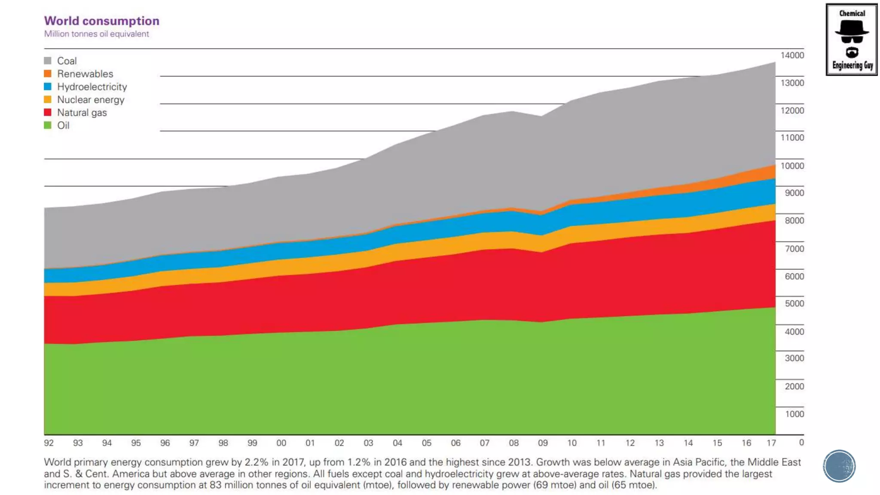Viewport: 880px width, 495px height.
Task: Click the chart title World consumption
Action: click(x=102, y=21)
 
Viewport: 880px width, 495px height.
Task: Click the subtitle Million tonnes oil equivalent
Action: click(x=96, y=34)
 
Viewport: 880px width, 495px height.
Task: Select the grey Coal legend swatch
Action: click(x=48, y=61)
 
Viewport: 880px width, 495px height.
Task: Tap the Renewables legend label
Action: click(x=85, y=74)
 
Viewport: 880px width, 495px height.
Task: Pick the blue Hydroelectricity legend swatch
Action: click(x=48, y=86)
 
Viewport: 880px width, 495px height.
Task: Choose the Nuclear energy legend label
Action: click(x=91, y=100)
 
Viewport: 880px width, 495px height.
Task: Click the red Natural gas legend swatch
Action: click(x=48, y=113)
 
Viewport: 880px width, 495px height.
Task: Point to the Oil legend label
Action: click(x=63, y=125)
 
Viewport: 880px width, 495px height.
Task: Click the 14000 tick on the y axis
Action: click(x=792, y=55)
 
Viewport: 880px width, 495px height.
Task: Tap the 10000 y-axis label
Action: click(x=792, y=166)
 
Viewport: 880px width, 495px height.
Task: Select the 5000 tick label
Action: click(x=794, y=303)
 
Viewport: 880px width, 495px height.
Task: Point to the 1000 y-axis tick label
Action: click(x=794, y=414)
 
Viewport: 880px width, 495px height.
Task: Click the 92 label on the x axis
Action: click(x=49, y=443)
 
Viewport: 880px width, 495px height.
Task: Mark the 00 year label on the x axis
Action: click(x=281, y=443)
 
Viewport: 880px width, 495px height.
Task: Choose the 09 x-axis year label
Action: click(x=543, y=443)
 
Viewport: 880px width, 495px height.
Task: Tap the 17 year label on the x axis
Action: click(x=771, y=443)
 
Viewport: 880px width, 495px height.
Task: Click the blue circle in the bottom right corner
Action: click(x=839, y=466)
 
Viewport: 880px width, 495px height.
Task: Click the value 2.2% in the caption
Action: click(x=256, y=462)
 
